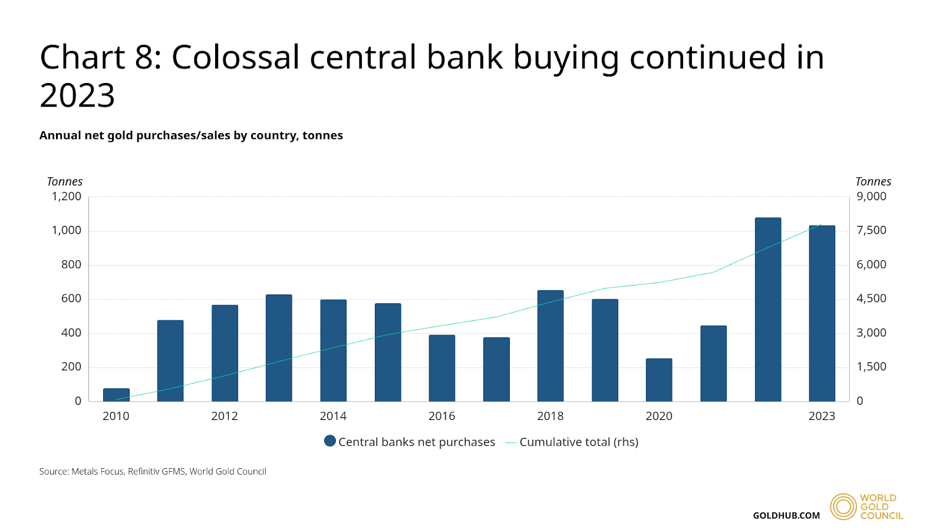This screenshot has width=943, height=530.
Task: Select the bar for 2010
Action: pos(116,395)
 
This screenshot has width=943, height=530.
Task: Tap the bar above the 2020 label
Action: pos(659,380)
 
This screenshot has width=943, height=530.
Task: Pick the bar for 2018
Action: pos(550,346)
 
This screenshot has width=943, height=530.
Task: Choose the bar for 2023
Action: pos(822,313)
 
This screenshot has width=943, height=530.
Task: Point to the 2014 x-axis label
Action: pos(333,416)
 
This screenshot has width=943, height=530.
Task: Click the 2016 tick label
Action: pos(441,416)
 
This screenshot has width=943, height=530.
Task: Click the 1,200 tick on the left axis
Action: pos(67,197)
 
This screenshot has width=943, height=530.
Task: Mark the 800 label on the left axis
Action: pos(71,265)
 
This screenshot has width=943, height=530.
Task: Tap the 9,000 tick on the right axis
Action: pos(871,197)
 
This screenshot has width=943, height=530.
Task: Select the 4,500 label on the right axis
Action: pos(871,299)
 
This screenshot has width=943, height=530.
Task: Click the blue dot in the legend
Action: pos(330,441)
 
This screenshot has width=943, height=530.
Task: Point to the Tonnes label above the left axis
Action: pos(65,182)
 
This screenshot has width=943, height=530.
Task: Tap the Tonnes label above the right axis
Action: pos(873,182)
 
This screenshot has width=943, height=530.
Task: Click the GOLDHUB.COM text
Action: pos(786,516)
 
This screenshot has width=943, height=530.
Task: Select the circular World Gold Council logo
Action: pos(843,506)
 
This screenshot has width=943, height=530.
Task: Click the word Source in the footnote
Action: pos(53,472)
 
